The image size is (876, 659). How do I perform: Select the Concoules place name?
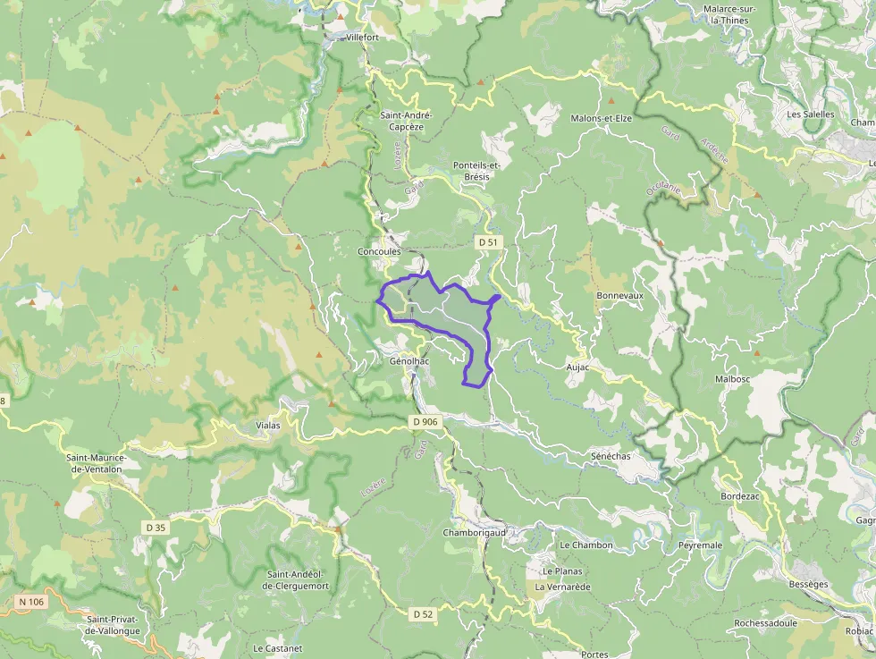tap(379, 252)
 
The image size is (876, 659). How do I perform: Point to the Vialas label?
tap(267, 426)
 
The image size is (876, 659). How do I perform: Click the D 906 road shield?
tap(425, 421)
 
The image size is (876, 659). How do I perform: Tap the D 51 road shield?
tap(487, 242)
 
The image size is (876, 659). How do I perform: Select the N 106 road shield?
tap(31, 602)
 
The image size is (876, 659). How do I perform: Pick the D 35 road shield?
tap(156, 528)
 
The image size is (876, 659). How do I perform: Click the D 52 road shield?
tap(423, 614)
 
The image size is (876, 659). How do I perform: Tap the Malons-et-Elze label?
tap(601, 119)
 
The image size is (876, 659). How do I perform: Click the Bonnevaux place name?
tap(619, 295)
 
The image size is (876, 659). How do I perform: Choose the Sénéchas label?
tap(611, 456)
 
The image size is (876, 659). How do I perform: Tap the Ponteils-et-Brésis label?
tap(477, 171)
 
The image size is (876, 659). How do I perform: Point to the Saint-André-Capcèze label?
tap(407, 121)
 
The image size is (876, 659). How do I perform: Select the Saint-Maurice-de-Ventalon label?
tap(97, 463)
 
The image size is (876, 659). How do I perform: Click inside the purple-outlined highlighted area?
tap(447, 313)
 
